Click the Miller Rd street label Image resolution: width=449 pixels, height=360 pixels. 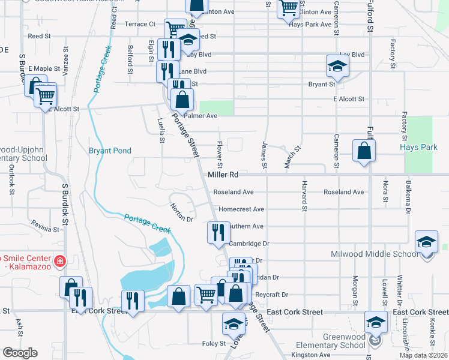[x=223, y=175]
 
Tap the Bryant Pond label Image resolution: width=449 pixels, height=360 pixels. [x=110, y=151]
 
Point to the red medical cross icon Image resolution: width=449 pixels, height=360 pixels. [x=59, y=261]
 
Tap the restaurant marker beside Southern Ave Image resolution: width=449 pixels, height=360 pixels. [x=217, y=232]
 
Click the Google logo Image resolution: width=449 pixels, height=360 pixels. [x=20, y=353]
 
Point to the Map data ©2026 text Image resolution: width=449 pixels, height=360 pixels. [x=423, y=355]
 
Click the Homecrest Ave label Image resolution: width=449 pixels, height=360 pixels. [x=241, y=209]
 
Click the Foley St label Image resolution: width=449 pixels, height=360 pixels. [x=214, y=344]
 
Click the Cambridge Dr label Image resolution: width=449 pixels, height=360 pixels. [x=250, y=244]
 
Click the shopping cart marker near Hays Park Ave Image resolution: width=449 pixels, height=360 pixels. [x=289, y=8]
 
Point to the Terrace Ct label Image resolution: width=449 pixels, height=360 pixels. [x=140, y=24]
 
